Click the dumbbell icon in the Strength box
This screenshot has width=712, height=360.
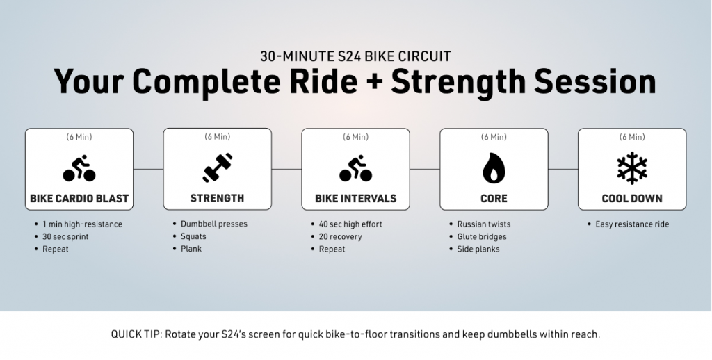click(x=217, y=168)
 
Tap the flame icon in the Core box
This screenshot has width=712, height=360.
click(x=494, y=168)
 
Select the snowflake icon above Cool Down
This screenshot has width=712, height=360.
click(x=631, y=168)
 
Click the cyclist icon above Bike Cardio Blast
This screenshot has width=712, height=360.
click(x=79, y=168)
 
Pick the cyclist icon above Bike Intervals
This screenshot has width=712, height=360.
click(x=355, y=168)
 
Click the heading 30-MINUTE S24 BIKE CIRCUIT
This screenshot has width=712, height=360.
click(x=355, y=56)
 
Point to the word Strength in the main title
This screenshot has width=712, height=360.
click(x=458, y=82)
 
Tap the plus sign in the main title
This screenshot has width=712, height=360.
click(x=373, y=83)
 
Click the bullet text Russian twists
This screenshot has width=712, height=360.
click(x=484, y=224)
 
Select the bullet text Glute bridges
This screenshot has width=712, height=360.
click(x=482, y=236)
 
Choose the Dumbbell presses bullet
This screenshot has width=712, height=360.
click(x=214, y=224)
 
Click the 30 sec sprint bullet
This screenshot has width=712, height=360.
click(x=65, y=236)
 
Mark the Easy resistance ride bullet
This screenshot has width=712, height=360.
click(x=632, y=224)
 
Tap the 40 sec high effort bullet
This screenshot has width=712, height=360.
click(x=350, y=224)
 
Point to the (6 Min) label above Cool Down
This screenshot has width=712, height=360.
click(x=631, y=137)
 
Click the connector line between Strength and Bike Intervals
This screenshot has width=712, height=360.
click(x=286, y=170)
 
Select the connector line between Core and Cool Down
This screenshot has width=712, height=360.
click(x=563, y=170)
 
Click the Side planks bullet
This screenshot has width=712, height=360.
click(x=478, y=249)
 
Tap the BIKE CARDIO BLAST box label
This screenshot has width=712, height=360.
click(x=79, y=198)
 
